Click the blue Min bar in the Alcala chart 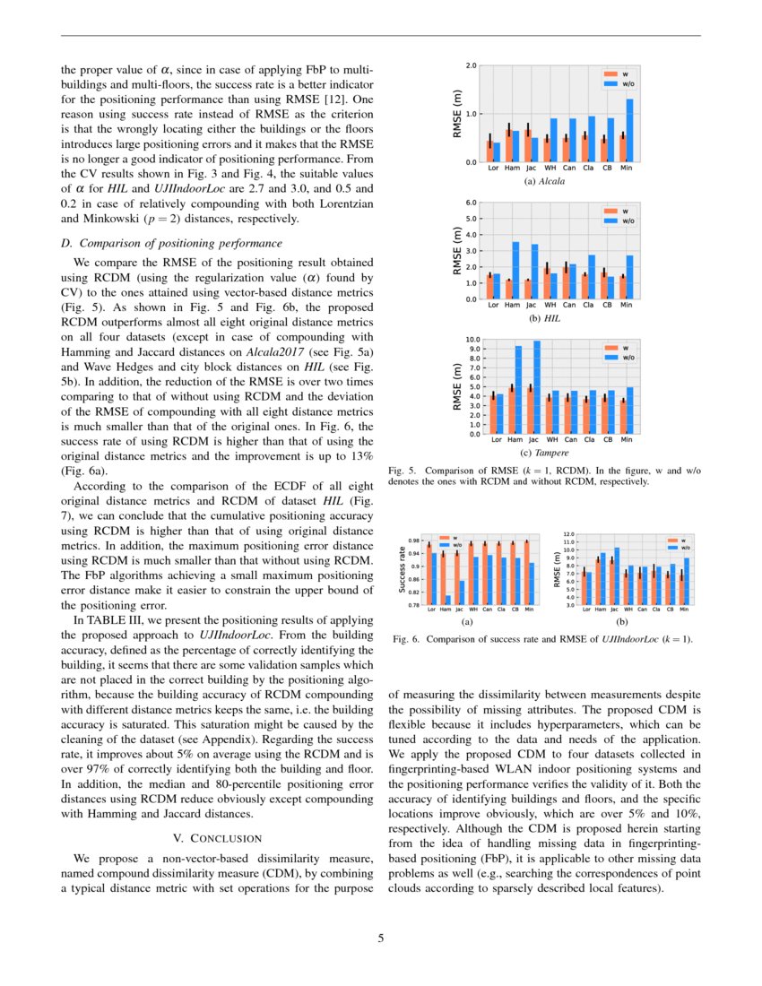tap(630, 131)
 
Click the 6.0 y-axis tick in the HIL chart tap(472, 203)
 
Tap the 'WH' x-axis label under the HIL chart tap(550, 305)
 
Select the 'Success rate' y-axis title tap(401, 572)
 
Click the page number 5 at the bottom tap(381, 938)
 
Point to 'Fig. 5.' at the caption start tap(401, 470)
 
